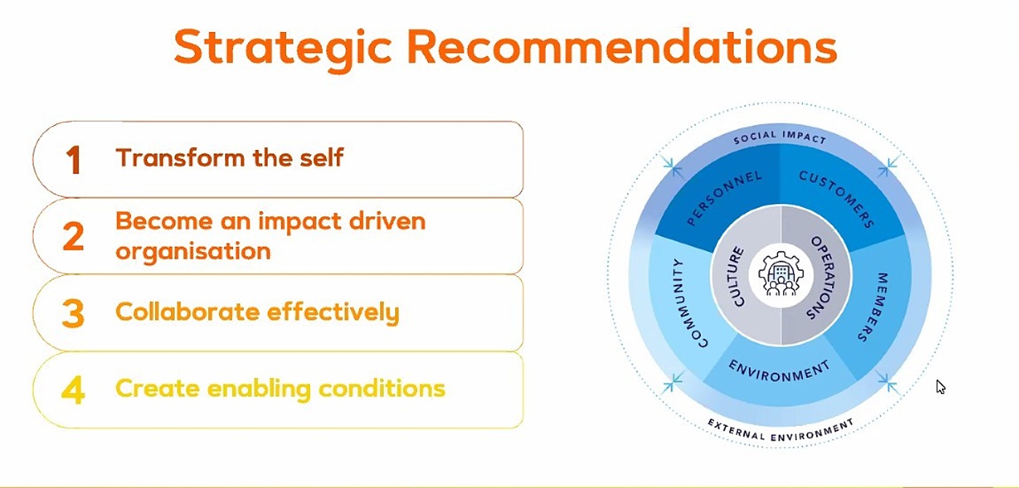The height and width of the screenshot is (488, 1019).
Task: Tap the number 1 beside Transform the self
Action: (x=73, y=160)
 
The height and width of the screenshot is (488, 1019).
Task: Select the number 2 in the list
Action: (x=73, y=237)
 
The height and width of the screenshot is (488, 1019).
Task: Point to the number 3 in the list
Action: (x=73, y=313)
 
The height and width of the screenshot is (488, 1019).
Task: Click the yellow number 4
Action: (x=73, y=390)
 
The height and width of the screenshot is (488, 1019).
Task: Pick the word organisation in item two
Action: (x=193, y=251)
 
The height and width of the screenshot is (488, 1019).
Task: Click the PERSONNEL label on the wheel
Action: (x=724, y=199)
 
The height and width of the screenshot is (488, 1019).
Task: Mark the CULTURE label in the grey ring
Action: (x=738, y=277)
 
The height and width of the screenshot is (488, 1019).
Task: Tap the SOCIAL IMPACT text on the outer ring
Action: (x=780, y=137)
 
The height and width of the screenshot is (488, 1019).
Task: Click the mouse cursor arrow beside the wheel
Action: (x=940, y=386)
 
